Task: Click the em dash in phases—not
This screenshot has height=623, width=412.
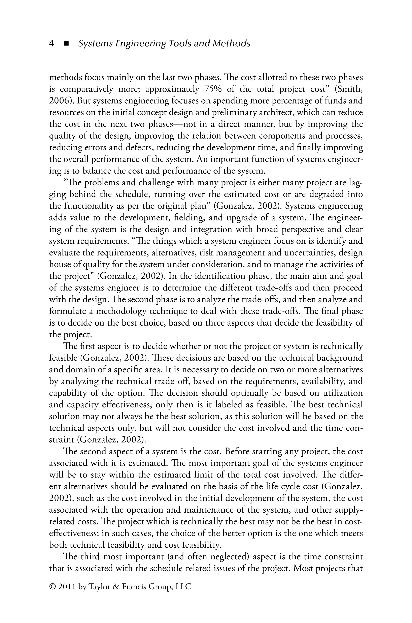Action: coord(178,124)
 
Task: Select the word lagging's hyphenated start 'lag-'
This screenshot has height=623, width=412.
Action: coord(356,183)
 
